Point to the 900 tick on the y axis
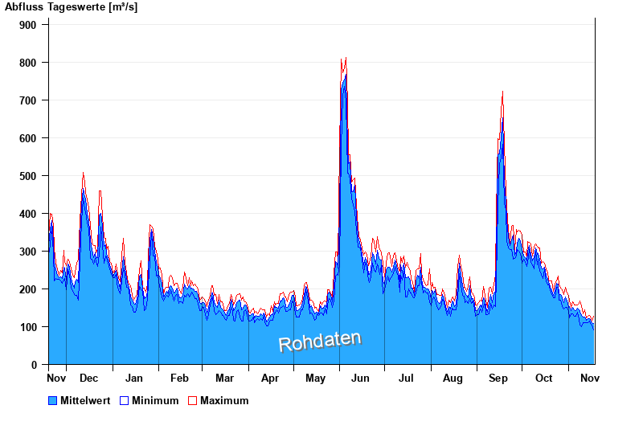[28, 25]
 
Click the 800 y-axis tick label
[28, 63]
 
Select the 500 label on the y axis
[28, 176]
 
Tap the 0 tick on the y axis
[34, 365]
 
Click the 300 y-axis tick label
[28, 252]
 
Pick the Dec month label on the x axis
[88, 378]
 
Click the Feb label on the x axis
[179, 378]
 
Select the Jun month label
[361, 378]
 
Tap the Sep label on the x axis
[498, 378]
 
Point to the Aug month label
[453, 378]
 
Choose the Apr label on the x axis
[270, 378]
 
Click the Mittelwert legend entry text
[85, 400]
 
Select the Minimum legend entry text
[155, 400]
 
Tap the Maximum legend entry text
[224, 400]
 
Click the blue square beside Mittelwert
[53, 400]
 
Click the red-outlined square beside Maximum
[192, 400]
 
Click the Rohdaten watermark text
[320, 342]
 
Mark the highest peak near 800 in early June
[345, 59]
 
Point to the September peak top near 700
[502, 93]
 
